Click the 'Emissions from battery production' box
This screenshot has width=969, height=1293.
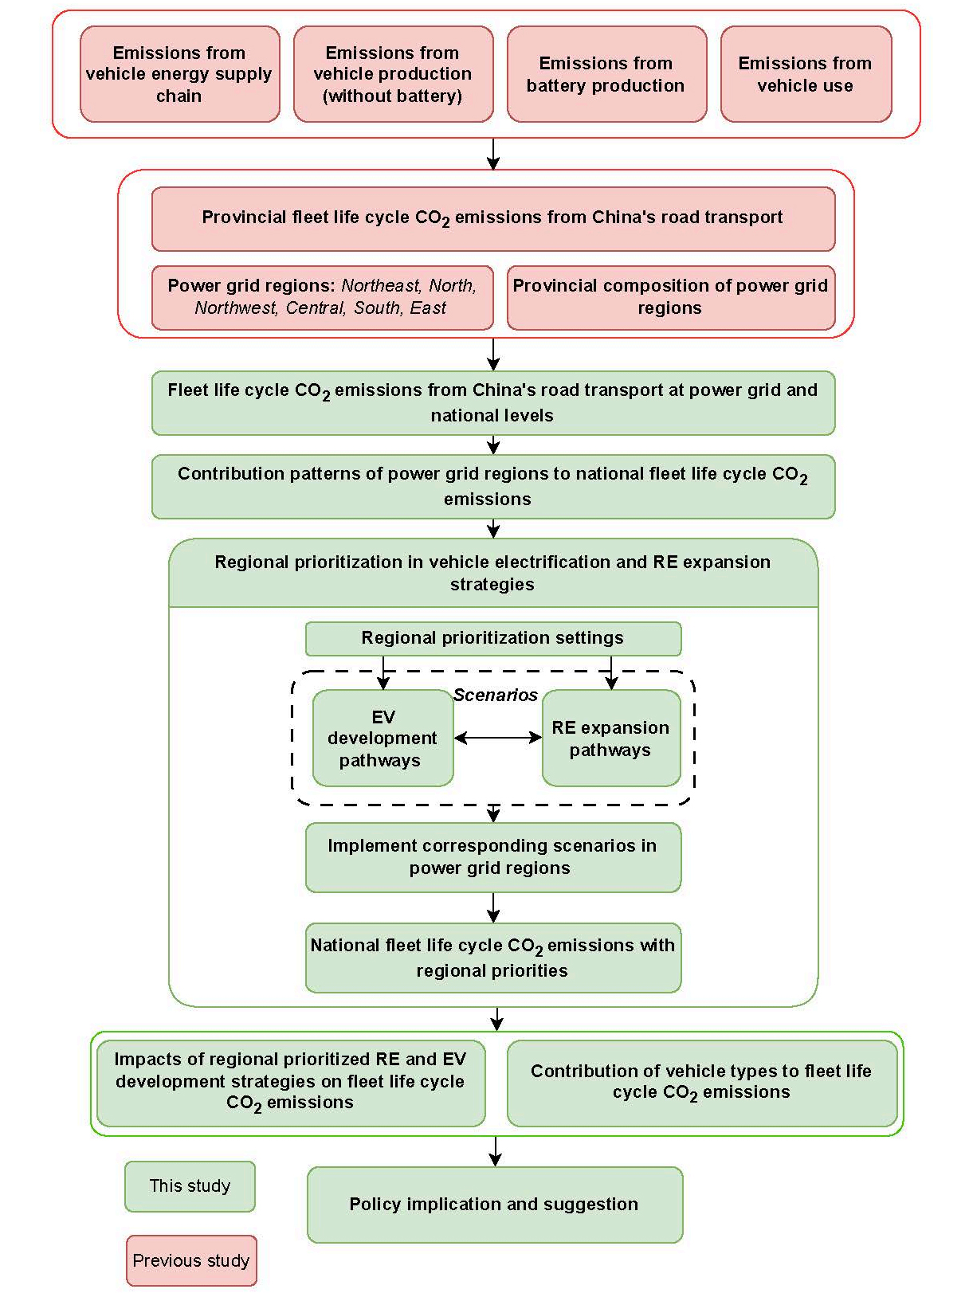click(x=606, y=74)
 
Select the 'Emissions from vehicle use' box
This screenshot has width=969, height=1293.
click(x=806, y=74)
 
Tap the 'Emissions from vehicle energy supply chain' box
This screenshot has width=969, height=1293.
click(x=179, y=74)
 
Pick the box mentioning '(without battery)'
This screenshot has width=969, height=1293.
click(x=393, y=74)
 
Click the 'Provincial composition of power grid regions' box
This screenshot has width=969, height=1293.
click(x=670, y=297)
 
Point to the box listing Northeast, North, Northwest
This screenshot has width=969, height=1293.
click(x=322, y=297)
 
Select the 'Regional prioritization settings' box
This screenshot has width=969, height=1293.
click(x=492, y=638)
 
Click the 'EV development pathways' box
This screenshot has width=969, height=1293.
click(x=382, y=739)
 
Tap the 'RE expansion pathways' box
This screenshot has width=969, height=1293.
click(x=610, y=739)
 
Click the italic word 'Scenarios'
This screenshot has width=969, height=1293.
click(x=496, y=695)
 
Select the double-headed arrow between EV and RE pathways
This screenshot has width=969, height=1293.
click(x=498, y=738)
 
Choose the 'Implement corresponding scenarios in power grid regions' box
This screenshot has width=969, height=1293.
click(x=492, y=857)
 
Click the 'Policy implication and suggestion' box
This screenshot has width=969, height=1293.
click(x=494, y=1204)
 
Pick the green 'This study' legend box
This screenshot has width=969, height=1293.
click(x=190, y=1186)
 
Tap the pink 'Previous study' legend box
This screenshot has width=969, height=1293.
click(x=191, y=1260)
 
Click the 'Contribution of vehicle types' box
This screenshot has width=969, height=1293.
click(x=701, y=1083)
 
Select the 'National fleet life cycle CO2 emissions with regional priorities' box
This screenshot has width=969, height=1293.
click(x=492, y=958)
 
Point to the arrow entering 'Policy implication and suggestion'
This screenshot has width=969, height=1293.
click(x=496, y=1151)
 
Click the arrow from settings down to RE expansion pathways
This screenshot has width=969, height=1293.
click(x=611, y=673)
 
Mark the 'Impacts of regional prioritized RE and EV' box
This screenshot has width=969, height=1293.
click(x=291, y=1083)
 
